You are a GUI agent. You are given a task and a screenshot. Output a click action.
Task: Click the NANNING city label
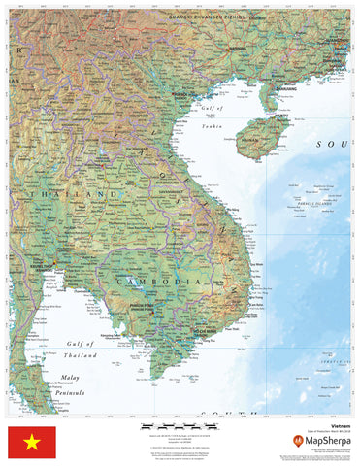[234, 45]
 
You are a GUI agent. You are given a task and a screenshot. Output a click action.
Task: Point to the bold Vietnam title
[341, 425]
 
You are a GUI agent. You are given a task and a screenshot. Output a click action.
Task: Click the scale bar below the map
[165, 425]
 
